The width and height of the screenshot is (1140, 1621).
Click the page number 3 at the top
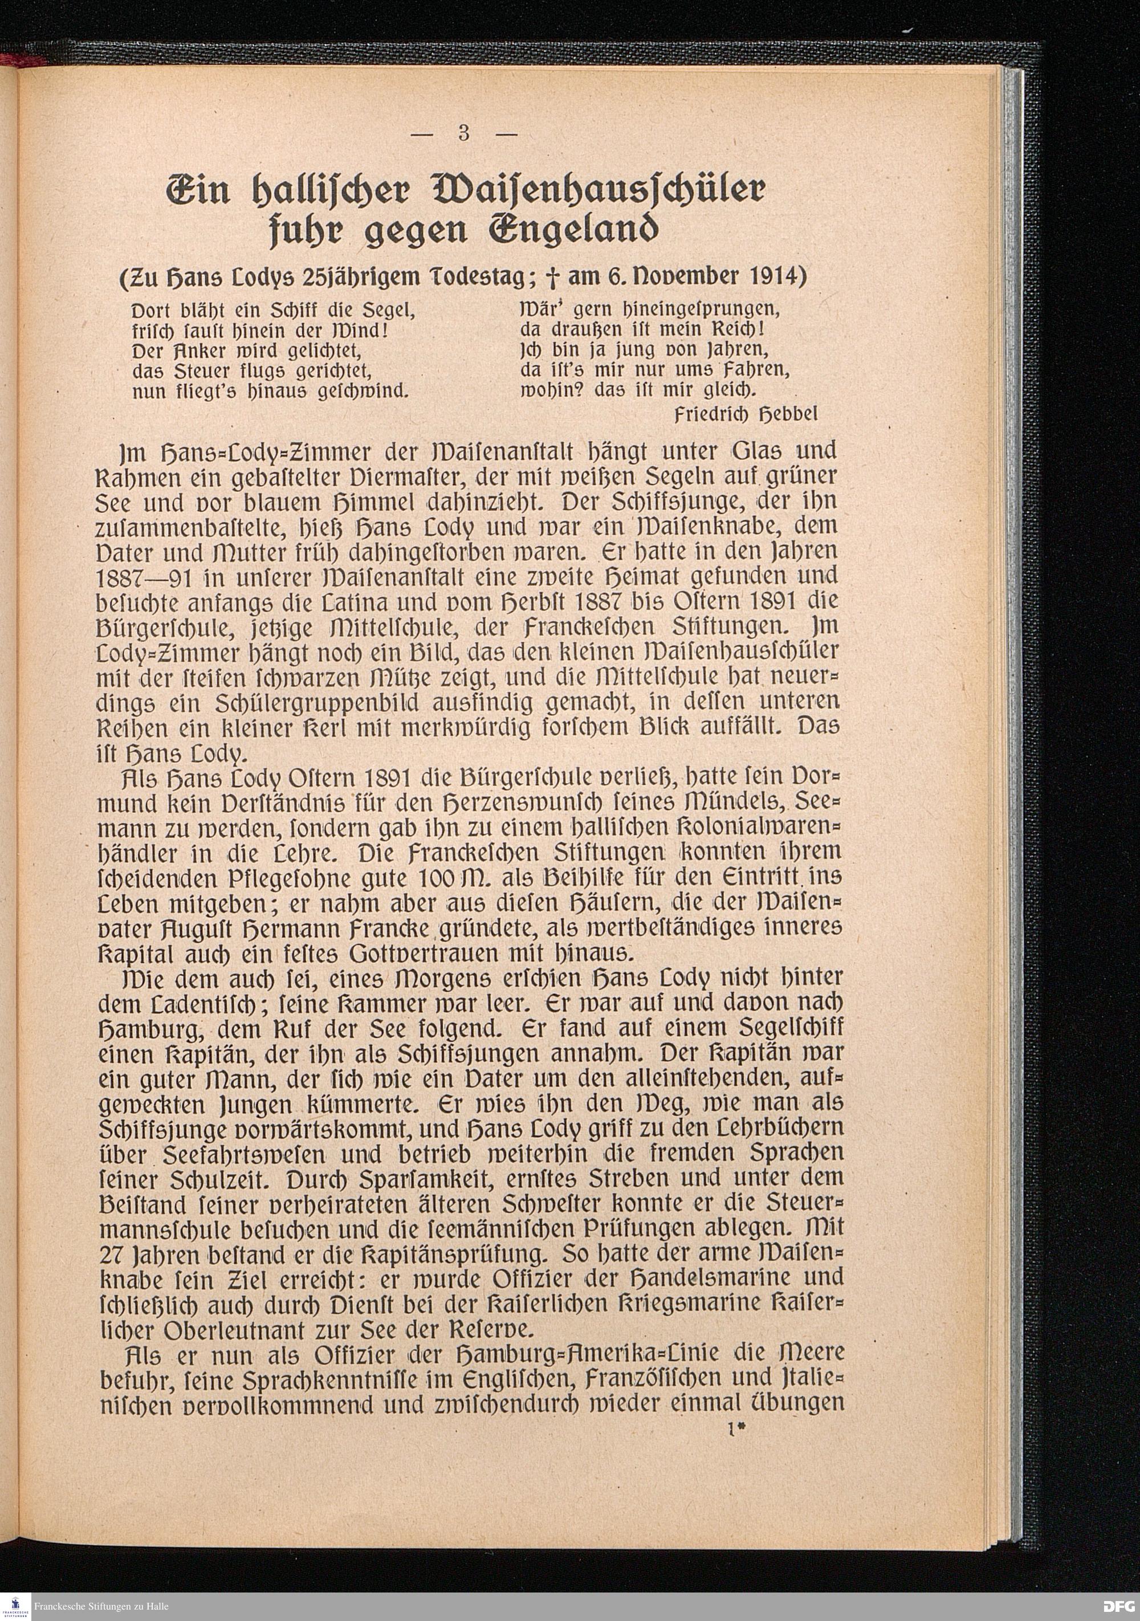[x=464, y=133]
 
